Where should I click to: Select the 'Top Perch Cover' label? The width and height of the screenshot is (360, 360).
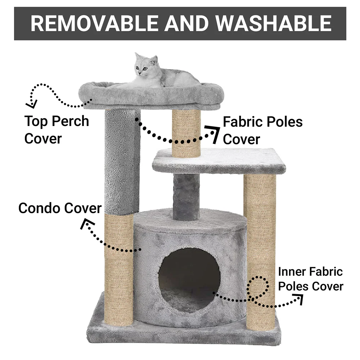point(57,130)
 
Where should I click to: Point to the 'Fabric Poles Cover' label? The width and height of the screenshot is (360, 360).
point(263,130)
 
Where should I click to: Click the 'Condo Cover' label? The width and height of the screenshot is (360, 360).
point(60,208)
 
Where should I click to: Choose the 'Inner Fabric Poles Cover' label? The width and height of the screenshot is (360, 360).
point(311,279)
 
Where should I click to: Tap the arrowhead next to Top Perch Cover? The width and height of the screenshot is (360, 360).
point(32,104)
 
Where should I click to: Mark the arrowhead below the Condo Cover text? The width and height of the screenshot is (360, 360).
point(87,224)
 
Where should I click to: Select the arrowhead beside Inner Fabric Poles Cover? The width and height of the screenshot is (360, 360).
point(299,299)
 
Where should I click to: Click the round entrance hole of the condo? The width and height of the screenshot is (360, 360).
point(189,280)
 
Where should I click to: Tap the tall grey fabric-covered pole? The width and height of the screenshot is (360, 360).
point(122,162)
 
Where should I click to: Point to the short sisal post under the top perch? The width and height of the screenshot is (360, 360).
point(186,133)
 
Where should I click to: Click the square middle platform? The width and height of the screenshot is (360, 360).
point(219,161)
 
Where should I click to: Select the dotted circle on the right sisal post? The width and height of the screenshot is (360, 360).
point(258,288)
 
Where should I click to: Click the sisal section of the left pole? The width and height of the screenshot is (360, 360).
point(119,270)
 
